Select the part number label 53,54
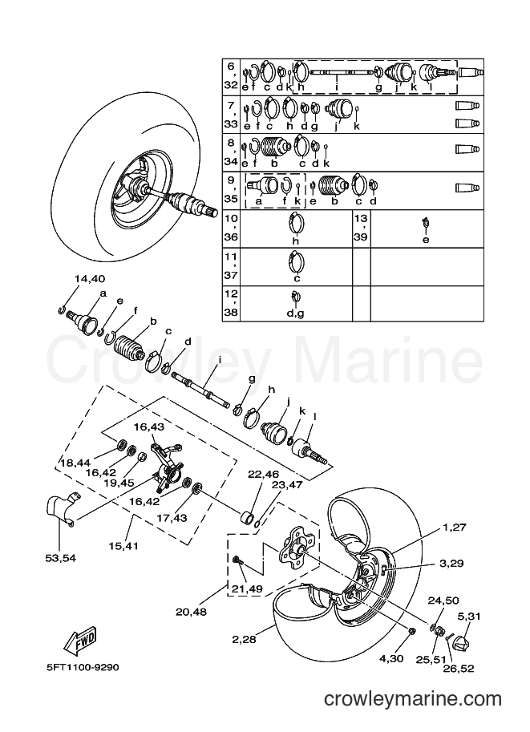pyautogui.click(x=61, y=558)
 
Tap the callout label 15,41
pyautogui.click(x=123, y=545)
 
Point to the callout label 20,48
pyautogui.click(x=191, y=612)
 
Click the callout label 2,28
pyautogui.click(x=244, y=639)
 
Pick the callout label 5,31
pyautogui.click(x=469, y=617)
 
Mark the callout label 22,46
pyautogui.click(x=263, y=475)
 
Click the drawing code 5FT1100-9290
pyautogui.click(x=83, y=667)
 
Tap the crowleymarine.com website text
pyautogui.click(x=413, y=699)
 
